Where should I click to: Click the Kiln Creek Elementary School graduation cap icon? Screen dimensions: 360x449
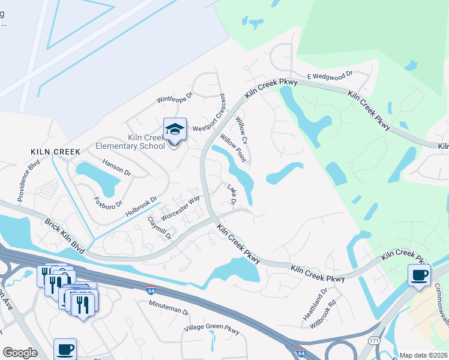coord(175,130)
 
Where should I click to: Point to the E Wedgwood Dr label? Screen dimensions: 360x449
coord(330,76)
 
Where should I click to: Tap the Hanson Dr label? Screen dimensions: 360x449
coord(116,166)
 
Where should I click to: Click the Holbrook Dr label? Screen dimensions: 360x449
coord(141,206)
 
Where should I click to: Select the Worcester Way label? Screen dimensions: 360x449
coord(180,207)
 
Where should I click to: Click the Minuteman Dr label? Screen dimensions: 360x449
coord(169,312)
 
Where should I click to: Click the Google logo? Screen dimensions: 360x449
coord(20,353)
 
